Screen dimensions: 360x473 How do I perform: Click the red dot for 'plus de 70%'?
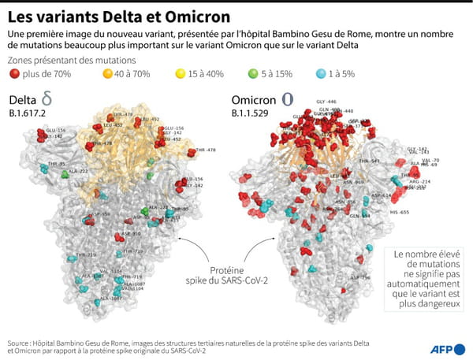(15, 74)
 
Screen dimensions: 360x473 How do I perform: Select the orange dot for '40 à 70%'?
(108, 74)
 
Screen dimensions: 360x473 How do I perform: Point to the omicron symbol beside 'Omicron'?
(287, 101)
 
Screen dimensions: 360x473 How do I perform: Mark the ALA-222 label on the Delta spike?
(77, 171)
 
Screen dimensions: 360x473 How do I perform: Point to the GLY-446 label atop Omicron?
(326, 102)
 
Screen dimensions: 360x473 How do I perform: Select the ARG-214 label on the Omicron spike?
(420, 181)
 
